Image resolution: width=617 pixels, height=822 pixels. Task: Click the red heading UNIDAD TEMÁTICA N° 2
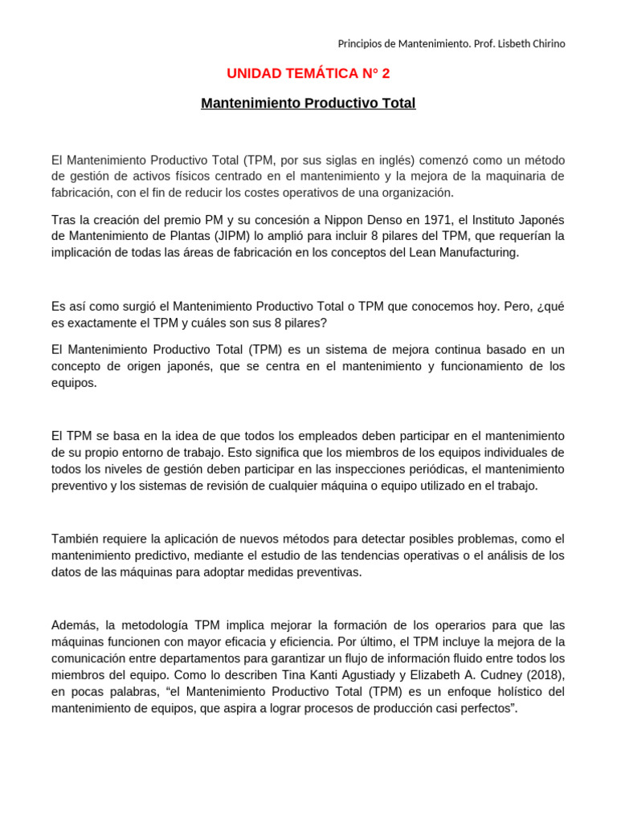point(308,74)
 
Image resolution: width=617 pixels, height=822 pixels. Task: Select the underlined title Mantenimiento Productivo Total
point(308,104)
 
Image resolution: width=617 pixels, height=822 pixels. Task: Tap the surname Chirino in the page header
point(543,43)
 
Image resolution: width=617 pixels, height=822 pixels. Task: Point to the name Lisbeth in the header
point(500,43)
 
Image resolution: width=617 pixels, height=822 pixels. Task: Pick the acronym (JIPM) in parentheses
point(233,236)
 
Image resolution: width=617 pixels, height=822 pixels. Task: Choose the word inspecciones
point(412,469)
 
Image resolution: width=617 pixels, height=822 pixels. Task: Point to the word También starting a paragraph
point(76,539)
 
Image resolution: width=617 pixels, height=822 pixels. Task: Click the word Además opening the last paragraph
point(74,625)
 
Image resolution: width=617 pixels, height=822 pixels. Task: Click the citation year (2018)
point(542,673)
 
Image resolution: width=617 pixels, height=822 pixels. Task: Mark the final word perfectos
point(487,708)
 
